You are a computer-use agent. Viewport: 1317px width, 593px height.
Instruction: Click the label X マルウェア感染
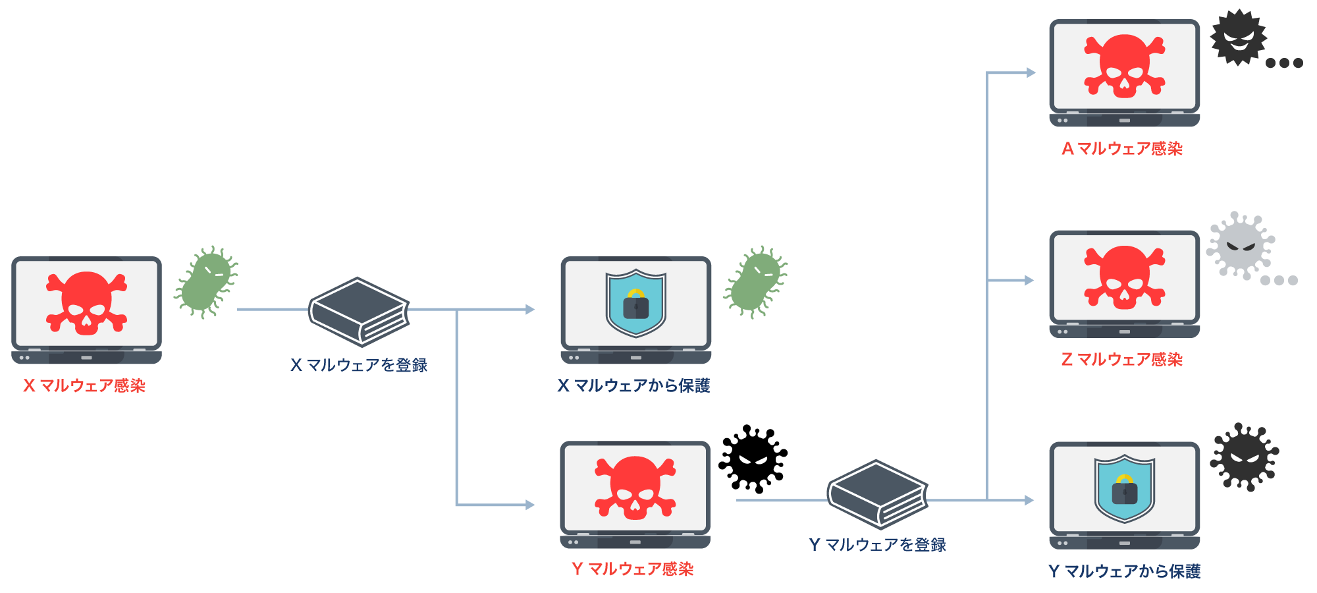click(84, 385)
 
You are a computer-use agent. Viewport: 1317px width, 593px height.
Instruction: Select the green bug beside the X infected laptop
click(206, 282)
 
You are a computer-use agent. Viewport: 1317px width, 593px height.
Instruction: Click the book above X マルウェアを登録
click(359, 312)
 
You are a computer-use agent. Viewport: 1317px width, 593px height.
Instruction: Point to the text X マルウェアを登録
click(359, 365)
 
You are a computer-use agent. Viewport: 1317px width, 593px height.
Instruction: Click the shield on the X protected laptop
click(635, 302)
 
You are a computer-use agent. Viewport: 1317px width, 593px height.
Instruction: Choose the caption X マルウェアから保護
click(633, 385)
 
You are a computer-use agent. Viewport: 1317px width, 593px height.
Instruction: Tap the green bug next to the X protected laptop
click(755, 282)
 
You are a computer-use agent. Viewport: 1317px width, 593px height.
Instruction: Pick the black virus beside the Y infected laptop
click(753, 459)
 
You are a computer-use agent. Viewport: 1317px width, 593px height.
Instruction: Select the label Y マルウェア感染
click(633, 569)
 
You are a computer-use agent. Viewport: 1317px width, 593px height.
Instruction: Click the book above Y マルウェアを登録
click(877, 494)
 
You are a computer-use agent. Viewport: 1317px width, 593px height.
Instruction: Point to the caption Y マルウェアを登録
click(877, 545)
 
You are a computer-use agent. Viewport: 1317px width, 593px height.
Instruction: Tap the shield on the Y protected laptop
click(1124, 488)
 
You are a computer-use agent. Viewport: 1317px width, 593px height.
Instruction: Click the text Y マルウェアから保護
click(1124, 571)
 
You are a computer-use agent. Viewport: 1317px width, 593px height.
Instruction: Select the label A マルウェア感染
click(1122, 149)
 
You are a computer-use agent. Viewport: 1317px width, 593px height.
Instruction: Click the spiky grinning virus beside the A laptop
click(1239, 37)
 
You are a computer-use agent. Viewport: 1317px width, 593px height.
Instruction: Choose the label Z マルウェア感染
click(1122, 360)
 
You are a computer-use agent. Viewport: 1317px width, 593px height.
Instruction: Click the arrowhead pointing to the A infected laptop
click(1031, 72)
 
